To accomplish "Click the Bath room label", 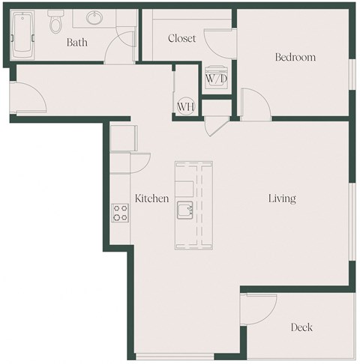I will coord(76,43).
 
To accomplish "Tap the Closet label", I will coord(182,38).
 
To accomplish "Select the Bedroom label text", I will coord(295,57).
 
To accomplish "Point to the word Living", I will coord(283,198).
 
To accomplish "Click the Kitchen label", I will coord(151,198).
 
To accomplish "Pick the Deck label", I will coord(301,327).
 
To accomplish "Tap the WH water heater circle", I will coord(186,106).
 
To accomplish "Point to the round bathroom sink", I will coord(95,18).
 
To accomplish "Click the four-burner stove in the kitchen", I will coord(119,213).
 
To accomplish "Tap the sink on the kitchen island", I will coord(185,210).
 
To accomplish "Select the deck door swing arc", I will coord(259,309).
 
